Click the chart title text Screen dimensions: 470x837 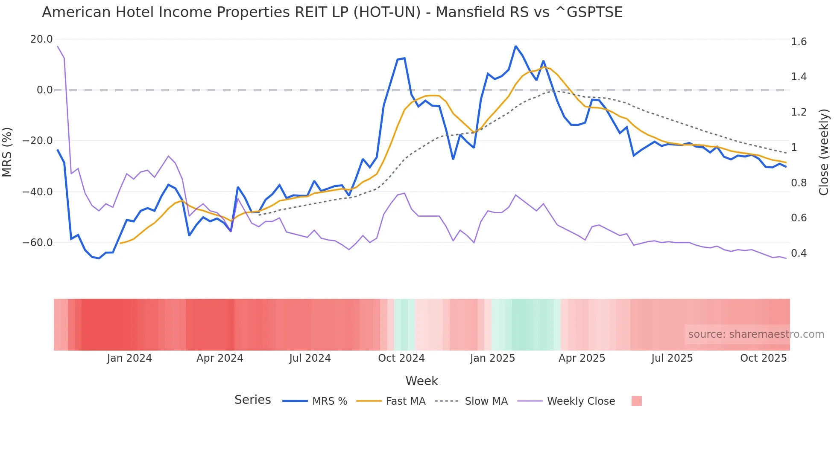332,12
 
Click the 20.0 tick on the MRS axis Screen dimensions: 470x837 41,39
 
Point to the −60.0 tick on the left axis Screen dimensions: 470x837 38,243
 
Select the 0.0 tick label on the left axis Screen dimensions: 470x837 44,90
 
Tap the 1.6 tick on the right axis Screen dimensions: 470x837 799,42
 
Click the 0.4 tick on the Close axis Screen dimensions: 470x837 799,253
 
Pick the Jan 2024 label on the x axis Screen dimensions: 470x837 129,358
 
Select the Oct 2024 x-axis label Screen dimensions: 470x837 401,358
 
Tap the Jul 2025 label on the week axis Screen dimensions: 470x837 672,358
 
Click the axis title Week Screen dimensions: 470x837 421,381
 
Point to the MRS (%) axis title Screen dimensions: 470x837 7,152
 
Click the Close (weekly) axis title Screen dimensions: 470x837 824,152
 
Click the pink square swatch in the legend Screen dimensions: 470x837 636,401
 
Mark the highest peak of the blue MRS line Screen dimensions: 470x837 516,46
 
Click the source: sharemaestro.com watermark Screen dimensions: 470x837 756,334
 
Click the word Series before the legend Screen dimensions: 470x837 252,400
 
